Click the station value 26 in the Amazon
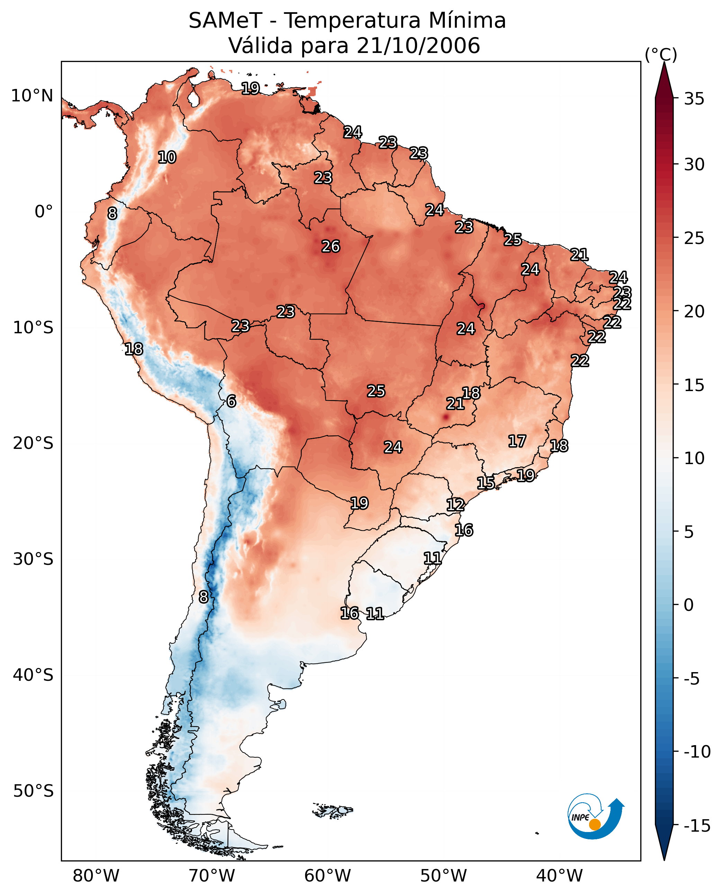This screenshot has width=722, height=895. (x=331, y=247)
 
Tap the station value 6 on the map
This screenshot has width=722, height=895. (x=231, y=401)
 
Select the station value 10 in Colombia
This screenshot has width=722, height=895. (x=167, y=157)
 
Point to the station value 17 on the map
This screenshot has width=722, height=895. (x=517, y=441)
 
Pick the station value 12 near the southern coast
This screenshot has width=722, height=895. (x=455, y=505)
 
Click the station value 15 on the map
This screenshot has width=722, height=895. (x=486, y=483)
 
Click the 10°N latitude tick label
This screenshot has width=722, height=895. (x=33, y=96)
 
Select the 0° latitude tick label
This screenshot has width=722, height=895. (x=44, y=212)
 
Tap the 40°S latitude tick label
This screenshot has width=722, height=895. (x=33, y=675)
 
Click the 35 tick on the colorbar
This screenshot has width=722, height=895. (x=694, y=99)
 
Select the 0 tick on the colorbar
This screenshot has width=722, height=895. (x=689, y=605)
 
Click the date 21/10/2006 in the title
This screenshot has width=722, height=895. (x=418, y=45)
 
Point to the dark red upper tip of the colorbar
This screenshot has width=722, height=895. (x=664, y=63)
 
